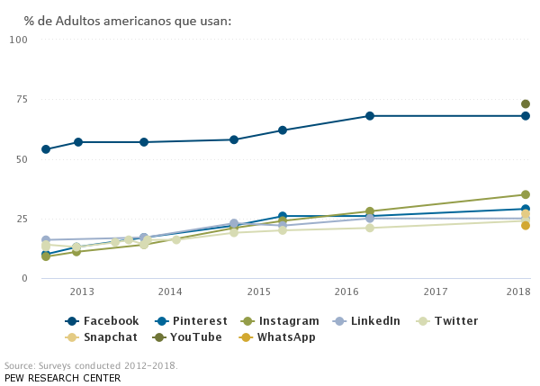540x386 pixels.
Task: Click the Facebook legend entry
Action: pyautogui.click(x=103, y=321)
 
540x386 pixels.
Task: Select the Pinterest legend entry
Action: pyautogui.click(x=191, y=321)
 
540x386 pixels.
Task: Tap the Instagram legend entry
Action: pyautogui.click(x=279, y=321)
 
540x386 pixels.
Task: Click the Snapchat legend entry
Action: pyautogui.click(x=103, y=337)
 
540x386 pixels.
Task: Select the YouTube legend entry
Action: pyautogui.click(x=187, y=337)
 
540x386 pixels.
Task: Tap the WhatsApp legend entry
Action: pyautogui.click(x=276, y=337)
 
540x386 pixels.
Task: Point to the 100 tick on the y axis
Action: pyautogui.click(x=18, y=40)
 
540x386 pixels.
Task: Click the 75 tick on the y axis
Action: pyautogui.click(x=21, y=99)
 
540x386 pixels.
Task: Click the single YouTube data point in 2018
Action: pyautogui.click(x=526, y=104)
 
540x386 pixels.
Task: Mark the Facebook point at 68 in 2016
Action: pyautogui.click(x=370, y=116)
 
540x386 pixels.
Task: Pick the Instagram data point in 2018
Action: pyautogui.click(x=526, y=194)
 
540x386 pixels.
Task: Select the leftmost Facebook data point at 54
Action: pyautogui.click(x=46, y=149)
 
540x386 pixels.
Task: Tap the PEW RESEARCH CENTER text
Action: pyautogui.click(x=62, y=378)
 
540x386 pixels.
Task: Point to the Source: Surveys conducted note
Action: pyautogui.click(x=91, y=366)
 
